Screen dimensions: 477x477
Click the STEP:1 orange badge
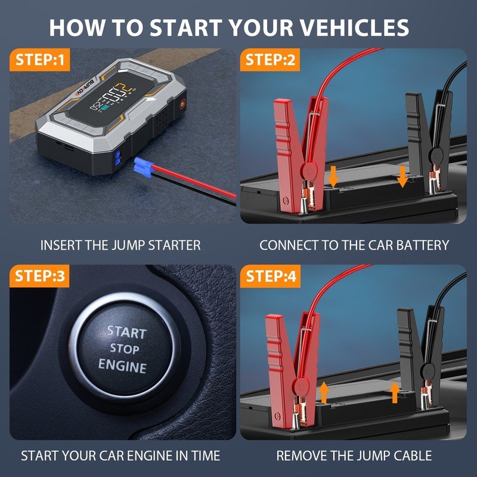(40, 60)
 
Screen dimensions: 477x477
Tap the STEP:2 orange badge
(270, 60)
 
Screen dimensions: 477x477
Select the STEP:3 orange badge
(39, 276)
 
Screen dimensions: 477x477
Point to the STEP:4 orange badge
(271, 276)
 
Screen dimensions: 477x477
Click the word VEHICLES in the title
(354, 27)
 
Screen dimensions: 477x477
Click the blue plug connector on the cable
(143, 168)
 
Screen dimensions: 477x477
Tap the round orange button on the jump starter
(182, 103)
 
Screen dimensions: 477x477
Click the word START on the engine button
(126, 332)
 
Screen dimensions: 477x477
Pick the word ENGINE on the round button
(123, 365)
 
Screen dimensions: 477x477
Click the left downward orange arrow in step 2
(333, 176)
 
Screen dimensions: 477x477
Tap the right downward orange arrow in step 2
(402, 176)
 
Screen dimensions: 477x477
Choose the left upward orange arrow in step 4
(324, 393)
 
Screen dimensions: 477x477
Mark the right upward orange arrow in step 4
(395, 393)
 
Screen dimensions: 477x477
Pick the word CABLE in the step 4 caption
(413, 456)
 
